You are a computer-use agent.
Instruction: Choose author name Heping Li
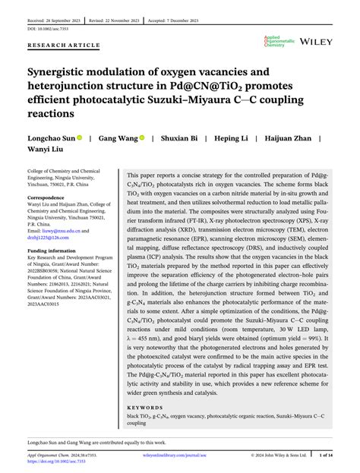236,139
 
